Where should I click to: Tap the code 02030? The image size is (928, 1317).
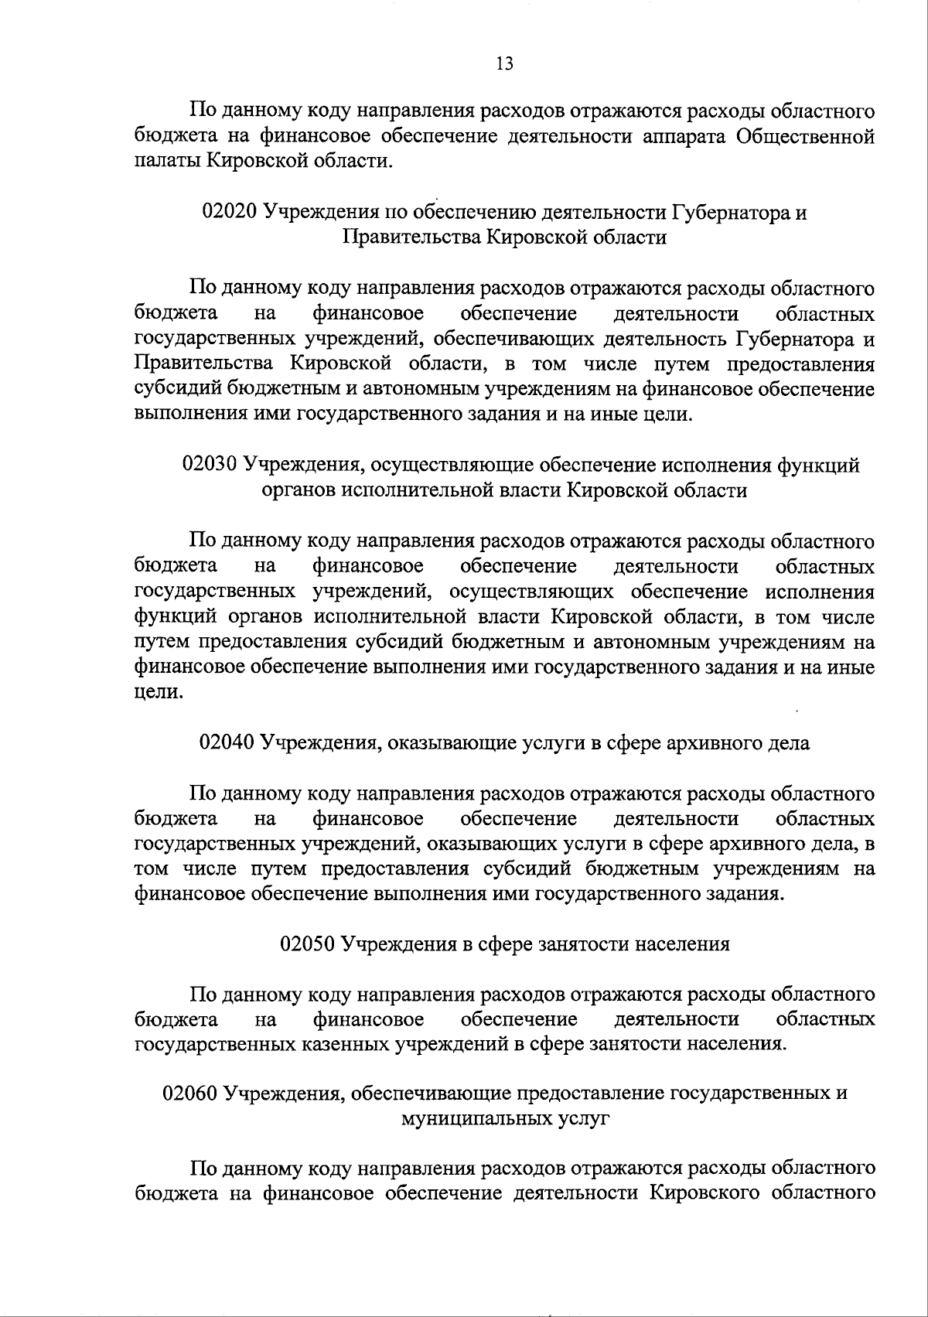(x=209, y=466)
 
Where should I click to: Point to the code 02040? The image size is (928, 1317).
(x=227, y=743)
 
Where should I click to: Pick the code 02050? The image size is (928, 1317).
(x=307, y=944)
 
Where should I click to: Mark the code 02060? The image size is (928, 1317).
(x=190, y=1094)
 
